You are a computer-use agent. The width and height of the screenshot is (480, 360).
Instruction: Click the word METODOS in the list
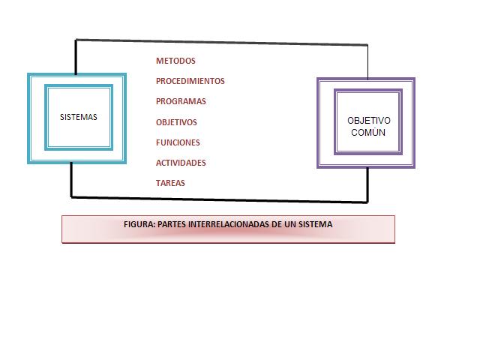pos(175,61)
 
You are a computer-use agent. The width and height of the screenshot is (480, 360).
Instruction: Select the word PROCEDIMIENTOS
pos(190,81)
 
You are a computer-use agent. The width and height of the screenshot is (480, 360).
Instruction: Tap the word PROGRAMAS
pos(181,101)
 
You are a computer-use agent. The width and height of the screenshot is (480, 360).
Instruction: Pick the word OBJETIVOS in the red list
pos(176,121)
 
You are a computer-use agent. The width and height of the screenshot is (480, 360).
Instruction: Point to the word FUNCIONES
pos(178,142)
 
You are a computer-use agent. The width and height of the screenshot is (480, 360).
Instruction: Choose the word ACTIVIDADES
pos(181,163)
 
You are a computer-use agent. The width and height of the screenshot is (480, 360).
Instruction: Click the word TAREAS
pos(170,183)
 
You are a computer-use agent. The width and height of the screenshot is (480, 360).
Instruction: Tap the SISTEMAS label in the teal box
pos(79,117)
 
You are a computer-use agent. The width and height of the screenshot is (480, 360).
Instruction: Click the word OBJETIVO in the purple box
pos(369,121)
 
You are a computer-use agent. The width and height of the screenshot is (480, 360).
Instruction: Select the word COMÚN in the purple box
pos(368,132)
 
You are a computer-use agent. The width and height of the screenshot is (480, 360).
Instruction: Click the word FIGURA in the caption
pos(139,224)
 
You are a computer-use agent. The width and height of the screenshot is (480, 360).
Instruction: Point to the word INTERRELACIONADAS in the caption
pos(230,224)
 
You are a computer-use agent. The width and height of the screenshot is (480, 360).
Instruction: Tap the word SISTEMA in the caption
pos(316,224)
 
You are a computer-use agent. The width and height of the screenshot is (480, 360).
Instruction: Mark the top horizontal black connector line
pos(221,43)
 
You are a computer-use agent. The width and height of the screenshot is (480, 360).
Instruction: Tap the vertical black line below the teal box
pos(71,180)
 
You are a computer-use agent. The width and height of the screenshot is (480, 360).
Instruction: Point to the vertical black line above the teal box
pos(76,56)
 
